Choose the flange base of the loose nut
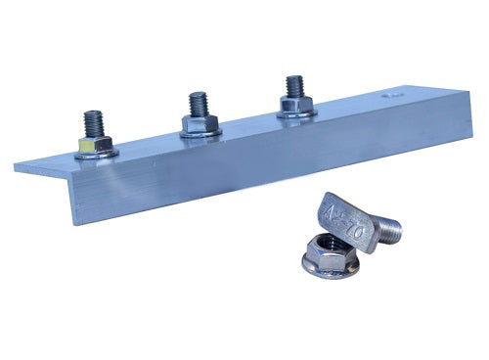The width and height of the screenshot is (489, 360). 333,273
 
